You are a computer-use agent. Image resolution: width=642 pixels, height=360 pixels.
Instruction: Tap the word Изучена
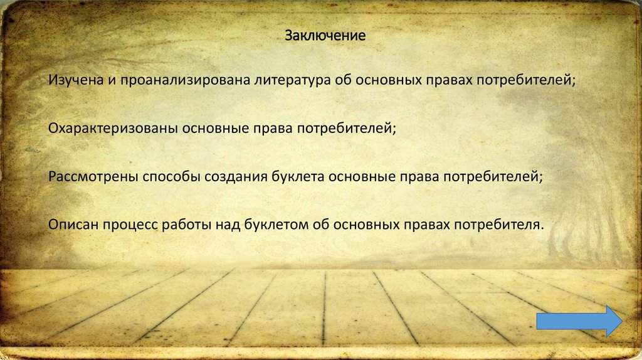pos(71,80)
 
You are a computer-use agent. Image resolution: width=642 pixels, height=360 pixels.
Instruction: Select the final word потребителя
pos(499,225)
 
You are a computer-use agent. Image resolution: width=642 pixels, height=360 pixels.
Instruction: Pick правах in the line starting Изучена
pos(449,80)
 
